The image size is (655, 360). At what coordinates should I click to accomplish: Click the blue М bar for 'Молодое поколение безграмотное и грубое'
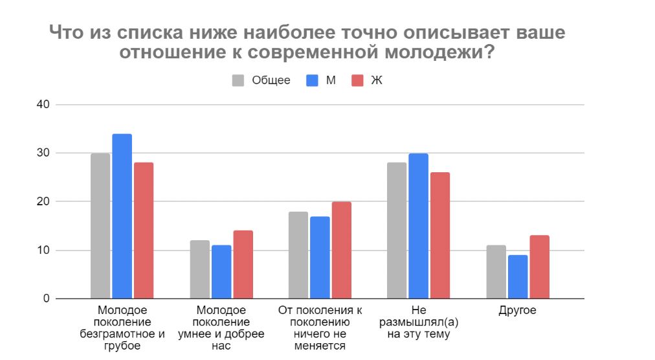tap(122, 216)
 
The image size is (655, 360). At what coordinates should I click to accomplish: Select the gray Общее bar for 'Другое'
tap(496, 272)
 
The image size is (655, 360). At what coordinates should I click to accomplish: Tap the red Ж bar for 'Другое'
tap(539, 267)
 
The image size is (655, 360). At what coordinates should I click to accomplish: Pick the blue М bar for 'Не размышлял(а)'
tap(419, 226)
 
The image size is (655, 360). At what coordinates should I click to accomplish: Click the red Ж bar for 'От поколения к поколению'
tap(341, 250)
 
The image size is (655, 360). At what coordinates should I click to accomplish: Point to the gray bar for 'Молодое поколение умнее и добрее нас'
tap(200, 269)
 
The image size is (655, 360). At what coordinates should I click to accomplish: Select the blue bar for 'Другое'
tap(518, 276)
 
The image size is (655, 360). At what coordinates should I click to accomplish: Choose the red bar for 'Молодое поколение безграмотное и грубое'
tap(143, 231)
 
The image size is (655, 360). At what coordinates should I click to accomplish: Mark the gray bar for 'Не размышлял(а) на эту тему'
tap(397, 231)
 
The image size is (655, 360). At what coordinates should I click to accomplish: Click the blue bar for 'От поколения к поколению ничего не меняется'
tap(320, 257)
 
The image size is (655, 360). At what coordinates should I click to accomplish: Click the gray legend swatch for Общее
tap(238, 80)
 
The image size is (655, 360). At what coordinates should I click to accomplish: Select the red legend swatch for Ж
tap(357, 80)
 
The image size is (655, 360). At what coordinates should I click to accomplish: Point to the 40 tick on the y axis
tap(43, 105)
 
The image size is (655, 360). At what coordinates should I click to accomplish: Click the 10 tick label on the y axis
tap(43, 251)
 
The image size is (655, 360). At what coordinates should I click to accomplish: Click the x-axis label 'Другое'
tap(517, 311)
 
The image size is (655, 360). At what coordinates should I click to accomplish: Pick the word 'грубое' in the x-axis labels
tap(122, 346)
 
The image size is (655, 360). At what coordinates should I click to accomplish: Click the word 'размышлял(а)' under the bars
tap(419, 322)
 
